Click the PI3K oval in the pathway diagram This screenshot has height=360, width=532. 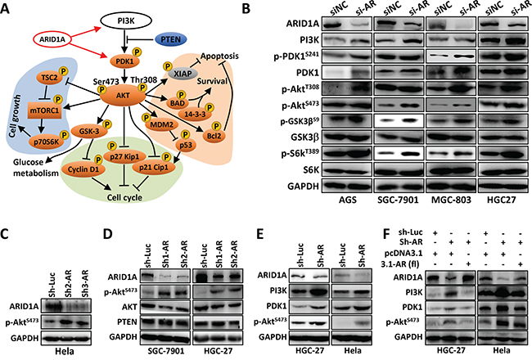(126, 21)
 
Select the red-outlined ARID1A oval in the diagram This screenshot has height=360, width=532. (52, 39)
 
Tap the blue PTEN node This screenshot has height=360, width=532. (171, 39)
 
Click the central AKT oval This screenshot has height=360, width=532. (123, 96)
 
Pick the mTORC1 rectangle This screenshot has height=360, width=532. (45, 110)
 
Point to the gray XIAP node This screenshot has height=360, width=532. (183, 74)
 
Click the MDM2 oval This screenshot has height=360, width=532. (161, 125)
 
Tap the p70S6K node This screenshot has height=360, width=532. (46, 142)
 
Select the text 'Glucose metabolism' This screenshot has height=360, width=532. (36, 168)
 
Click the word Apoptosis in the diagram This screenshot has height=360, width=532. (219, 56)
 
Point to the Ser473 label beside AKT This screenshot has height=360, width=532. (106, 82)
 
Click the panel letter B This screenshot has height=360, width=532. (246, 8)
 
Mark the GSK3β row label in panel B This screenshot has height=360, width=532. (305, 137)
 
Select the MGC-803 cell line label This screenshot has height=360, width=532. (451, 200)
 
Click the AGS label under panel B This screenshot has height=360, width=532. (347, 200)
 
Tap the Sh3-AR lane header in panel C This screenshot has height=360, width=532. (83, 283)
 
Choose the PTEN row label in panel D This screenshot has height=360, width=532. (127, 322)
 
